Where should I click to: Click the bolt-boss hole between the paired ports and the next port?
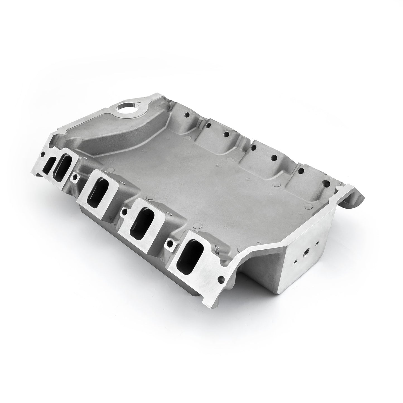coord(75,176)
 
